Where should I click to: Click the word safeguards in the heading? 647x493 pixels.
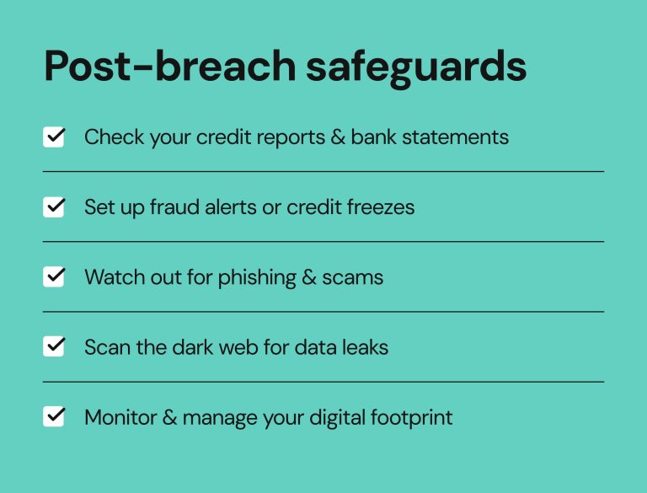pos(416,67)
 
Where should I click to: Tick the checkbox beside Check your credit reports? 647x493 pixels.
pos(54,137)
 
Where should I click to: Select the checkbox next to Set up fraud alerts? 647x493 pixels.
pos(54,206)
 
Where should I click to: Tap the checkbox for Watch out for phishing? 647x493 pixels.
pos(54,276)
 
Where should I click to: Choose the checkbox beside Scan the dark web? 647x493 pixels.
pos(54,346)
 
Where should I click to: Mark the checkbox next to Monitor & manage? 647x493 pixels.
pos(54,416)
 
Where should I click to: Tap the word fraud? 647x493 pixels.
pos(171,206)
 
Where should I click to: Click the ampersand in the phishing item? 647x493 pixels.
pos(307,277)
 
